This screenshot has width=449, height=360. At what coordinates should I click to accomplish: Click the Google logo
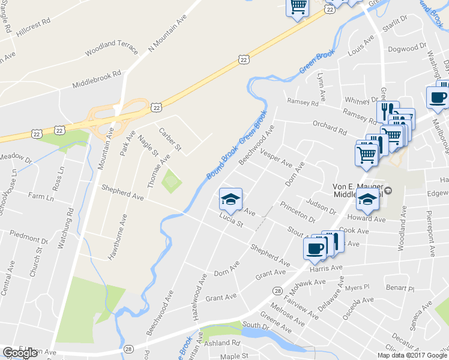pos(20,353)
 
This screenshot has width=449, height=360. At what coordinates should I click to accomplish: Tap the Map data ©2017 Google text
pos(412,355)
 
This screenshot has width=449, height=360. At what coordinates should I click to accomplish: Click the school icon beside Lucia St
pos(231,199)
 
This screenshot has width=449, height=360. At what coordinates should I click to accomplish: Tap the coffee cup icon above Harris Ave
pos(314,249)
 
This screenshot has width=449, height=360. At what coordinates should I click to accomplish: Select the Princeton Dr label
pos(298,212)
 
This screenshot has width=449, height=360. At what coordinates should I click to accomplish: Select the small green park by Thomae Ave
pos(172,181)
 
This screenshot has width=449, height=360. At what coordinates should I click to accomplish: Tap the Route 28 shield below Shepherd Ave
pos(277,291)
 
